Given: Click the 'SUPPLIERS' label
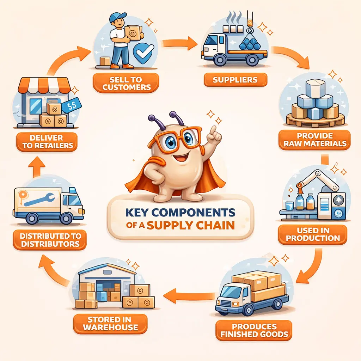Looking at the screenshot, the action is click(x=235, y=80).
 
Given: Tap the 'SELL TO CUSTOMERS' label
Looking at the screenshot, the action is click(x=126, y=83).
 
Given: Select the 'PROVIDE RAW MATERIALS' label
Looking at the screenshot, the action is click(x=315, y=140).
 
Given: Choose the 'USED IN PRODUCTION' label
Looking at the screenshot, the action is click(x=313, y=234).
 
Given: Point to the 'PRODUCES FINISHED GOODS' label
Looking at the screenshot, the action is click(x=254, y=330).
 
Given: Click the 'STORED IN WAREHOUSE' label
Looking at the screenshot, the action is click(x=110, y=324).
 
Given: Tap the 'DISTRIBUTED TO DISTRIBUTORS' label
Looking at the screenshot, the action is click(x=50, y=240).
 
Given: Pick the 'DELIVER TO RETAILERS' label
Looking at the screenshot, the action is click(x=47, y=142).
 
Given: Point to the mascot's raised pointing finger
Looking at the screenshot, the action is click(x=214, y=131).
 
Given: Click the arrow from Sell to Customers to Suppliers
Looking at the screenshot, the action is click(x=179, y=43).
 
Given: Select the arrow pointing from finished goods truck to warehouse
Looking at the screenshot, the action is click(x=189, y=296).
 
